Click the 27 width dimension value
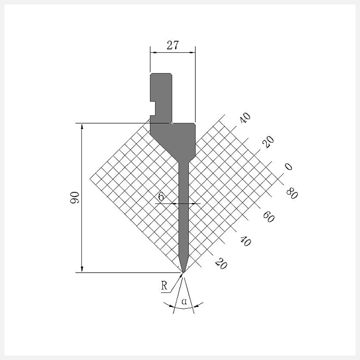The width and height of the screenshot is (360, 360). (x=172, y=45)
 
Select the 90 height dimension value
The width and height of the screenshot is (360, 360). (x=75, y=198)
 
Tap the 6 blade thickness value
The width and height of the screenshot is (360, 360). (x=162, y=197)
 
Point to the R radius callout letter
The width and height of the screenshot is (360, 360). (x=164, y=286)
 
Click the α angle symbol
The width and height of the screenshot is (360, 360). (x=184, y=301)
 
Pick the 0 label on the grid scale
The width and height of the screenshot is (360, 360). (x=288, y=166)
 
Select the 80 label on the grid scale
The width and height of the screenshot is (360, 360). (x=292, y=193)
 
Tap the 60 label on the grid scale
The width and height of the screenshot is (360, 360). (x=269, y=217)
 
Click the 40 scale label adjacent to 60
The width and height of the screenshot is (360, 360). (x=245, y=241)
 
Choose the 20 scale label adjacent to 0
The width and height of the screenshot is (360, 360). (x=268, y=142)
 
